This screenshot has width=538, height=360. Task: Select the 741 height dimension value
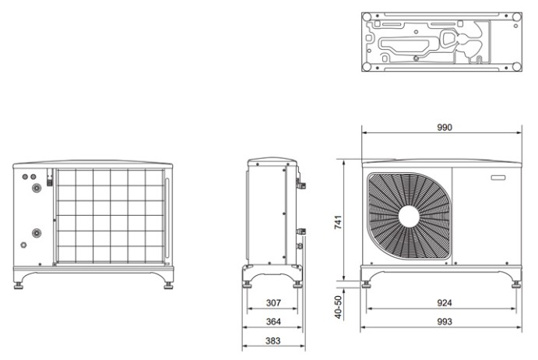338,222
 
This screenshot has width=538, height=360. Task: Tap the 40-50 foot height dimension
338,307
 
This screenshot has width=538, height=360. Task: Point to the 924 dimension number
444,303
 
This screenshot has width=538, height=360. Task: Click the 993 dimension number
444,321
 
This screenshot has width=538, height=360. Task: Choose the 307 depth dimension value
272,303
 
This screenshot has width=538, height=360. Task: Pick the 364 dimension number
272,321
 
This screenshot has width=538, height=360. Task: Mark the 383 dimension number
272,340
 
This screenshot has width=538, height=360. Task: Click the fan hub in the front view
408,216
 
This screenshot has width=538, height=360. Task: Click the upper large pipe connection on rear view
35,188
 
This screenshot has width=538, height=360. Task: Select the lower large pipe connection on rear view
35,233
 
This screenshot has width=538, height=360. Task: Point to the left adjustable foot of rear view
19,284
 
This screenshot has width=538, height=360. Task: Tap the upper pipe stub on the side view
302,185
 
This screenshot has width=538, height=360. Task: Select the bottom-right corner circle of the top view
515,66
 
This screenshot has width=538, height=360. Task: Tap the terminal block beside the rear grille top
50,179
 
